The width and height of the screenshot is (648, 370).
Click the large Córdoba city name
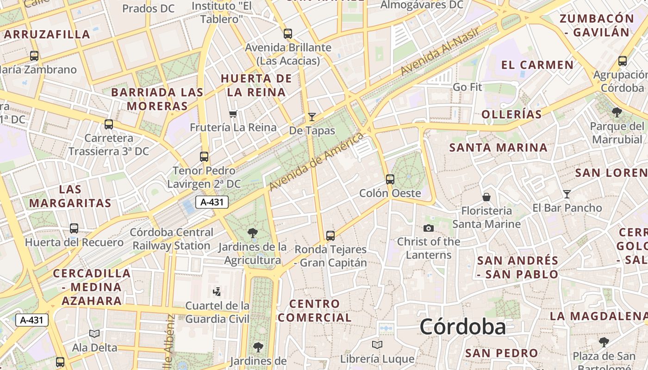(462, 327)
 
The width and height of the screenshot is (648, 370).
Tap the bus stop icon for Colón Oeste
(390, 179)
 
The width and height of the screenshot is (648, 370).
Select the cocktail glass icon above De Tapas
(312, 117)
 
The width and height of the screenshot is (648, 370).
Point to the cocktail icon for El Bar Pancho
(567, 194)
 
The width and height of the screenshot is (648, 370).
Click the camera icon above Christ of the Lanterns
(429, 228)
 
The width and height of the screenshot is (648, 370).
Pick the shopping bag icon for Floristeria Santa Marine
(486, 197)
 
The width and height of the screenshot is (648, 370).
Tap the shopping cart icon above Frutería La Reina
(233, 114)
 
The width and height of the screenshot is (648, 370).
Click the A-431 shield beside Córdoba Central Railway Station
(212, 202)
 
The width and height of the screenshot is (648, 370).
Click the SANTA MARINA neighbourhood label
(498, 148)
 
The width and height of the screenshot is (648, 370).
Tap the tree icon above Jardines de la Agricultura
(253, 233)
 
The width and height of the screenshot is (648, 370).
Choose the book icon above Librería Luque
(377, 345)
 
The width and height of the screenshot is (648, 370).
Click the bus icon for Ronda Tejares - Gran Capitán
(330, 236)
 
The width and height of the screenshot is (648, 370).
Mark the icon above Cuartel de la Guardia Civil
(217, 291)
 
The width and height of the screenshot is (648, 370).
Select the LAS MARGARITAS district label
(70, 196)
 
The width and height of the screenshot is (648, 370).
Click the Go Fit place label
(467, 87)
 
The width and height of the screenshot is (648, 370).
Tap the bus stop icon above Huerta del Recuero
(74, 228)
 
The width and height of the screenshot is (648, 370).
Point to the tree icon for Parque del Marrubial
(617, 112)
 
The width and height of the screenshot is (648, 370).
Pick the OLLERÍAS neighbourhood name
(511, 115)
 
